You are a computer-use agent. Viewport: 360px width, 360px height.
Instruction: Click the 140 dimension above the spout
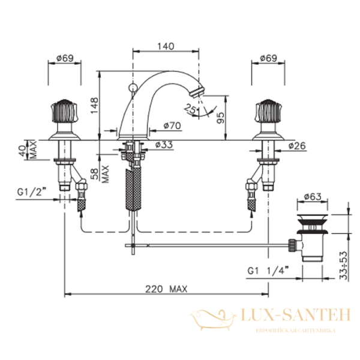click(x=166, y=46)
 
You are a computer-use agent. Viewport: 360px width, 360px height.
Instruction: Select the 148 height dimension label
click(x=94, y=106)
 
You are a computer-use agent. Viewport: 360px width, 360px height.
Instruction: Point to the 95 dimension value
click(x=220, y=118)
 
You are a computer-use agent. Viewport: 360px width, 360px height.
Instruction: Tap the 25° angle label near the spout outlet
click(x=191, y=109)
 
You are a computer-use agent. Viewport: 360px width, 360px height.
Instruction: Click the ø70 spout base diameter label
click(x=172, y=125)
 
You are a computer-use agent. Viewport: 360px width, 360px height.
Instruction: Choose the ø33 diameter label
click(x=164, y=145)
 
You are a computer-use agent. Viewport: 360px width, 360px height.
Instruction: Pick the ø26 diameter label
click(x=297, y=146)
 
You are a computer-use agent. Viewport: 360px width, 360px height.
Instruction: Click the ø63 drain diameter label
click(x=313, y=197)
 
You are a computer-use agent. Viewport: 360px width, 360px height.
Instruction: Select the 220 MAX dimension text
click(x=166, y=289)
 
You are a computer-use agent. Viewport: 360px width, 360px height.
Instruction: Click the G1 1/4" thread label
click(x=268, y=271)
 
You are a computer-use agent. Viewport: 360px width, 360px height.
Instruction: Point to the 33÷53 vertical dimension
click(x=344, y=265)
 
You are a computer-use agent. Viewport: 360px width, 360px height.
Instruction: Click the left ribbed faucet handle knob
click(x=64, y=111)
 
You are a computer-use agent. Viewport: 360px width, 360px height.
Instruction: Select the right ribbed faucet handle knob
click(x=268, y=111)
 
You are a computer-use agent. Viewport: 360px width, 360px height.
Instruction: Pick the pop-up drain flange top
click(x=312, y=217)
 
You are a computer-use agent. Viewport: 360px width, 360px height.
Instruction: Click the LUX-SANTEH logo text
click(x=296, y=315)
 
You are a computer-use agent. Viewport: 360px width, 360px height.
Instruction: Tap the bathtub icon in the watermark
click(x=213, y=319)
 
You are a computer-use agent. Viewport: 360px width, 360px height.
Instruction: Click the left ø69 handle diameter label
click(x=65, y=58)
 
